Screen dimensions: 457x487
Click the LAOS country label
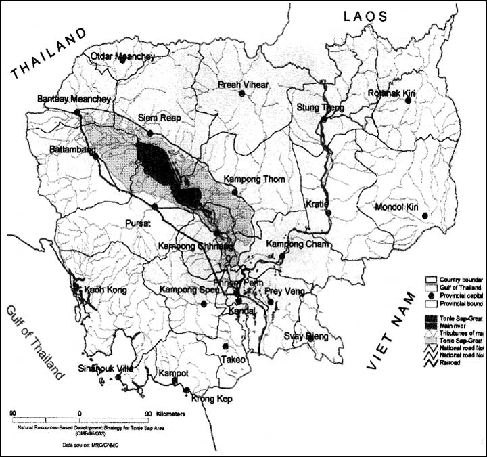click(365, 17)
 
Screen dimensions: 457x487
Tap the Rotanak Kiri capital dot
click(409, 100)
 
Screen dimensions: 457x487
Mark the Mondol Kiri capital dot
click(425, 216)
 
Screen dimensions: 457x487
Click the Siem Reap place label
click(156, 116)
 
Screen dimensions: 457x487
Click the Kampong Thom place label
click(254, 179)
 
